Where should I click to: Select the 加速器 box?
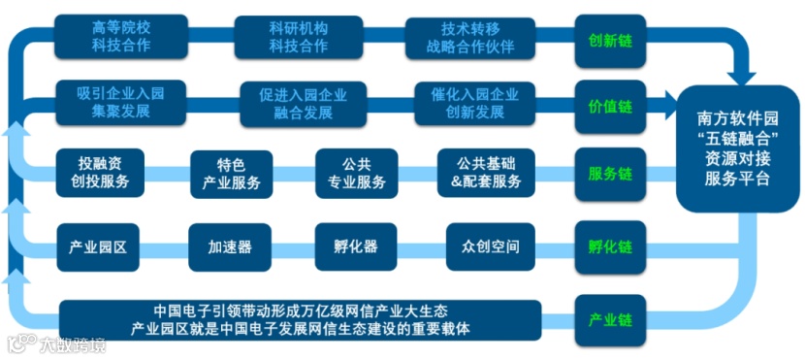pyautogui.click(x=230, y=246)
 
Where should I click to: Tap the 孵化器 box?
pyautogui.click(x=355, y=246)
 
